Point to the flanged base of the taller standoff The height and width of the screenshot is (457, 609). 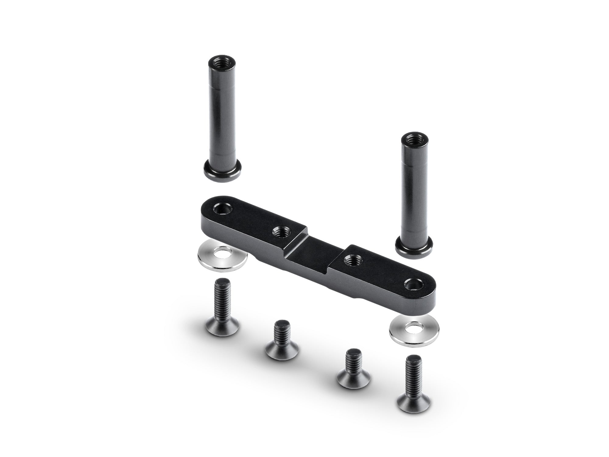click(223, 172)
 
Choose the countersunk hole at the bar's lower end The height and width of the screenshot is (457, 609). click(413, 285)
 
